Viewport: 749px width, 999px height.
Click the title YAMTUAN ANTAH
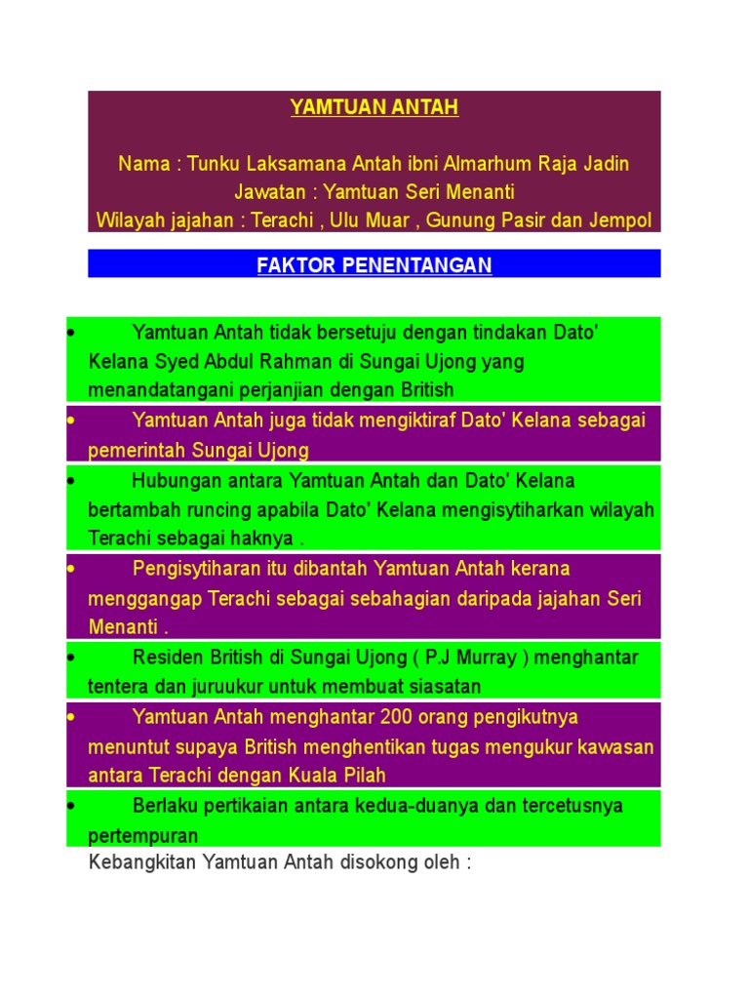pos(374,108)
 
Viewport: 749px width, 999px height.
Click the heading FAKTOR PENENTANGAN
pos(374,265)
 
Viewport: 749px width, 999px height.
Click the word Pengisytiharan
pos(195,568)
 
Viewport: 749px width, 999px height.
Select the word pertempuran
pos(143,836)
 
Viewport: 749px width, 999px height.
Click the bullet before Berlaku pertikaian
pos(73,807)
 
